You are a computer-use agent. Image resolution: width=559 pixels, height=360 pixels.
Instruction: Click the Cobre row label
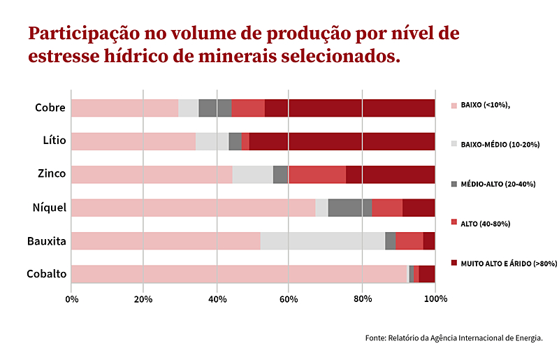(50, 108)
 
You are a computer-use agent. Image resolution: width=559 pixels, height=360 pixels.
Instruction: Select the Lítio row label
(54, 141)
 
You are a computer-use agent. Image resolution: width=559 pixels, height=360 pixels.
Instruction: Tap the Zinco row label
(52, 174)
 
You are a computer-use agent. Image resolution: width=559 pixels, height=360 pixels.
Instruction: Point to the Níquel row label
(50, 208)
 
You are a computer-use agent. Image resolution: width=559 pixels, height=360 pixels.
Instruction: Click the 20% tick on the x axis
(143, 298)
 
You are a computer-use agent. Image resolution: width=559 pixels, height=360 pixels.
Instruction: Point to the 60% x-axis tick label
(289, 298)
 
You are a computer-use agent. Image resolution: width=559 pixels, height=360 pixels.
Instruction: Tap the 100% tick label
(435, 298)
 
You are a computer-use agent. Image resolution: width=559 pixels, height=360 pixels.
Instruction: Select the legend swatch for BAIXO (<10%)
(453, 105)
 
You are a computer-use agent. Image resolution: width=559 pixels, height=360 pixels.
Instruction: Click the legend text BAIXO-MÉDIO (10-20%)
(500, 144)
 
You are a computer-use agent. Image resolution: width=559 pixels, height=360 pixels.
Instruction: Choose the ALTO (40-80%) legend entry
(485, 224)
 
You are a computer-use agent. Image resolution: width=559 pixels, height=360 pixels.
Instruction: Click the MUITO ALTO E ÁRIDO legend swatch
(453, 263)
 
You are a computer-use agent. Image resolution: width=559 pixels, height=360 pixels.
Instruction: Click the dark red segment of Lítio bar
(342, 141)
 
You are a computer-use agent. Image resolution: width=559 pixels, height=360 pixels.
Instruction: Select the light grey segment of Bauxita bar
(322, 240)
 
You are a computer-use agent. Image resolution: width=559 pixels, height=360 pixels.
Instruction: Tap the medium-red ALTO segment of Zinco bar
(317, 174)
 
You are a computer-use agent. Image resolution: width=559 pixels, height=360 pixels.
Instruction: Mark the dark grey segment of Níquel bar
(349, 208)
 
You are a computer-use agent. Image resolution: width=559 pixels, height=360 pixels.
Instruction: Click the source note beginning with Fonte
(453, 338)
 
